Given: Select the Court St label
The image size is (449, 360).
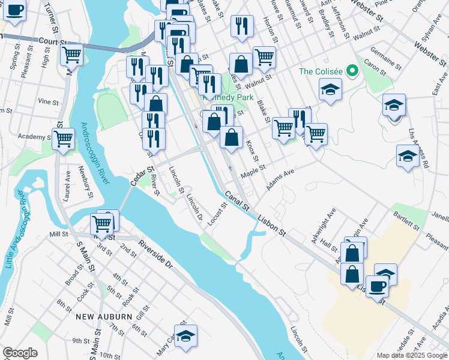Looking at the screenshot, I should [52, 41].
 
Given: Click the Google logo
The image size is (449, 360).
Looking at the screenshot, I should [20, 353].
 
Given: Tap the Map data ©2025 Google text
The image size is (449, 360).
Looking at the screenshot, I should [412, 355].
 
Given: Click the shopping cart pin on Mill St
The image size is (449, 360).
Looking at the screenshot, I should [102, 224].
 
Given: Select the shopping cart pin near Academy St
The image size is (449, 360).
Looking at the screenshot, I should [63, 139].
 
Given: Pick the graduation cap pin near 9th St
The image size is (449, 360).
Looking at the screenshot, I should [186, 336].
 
